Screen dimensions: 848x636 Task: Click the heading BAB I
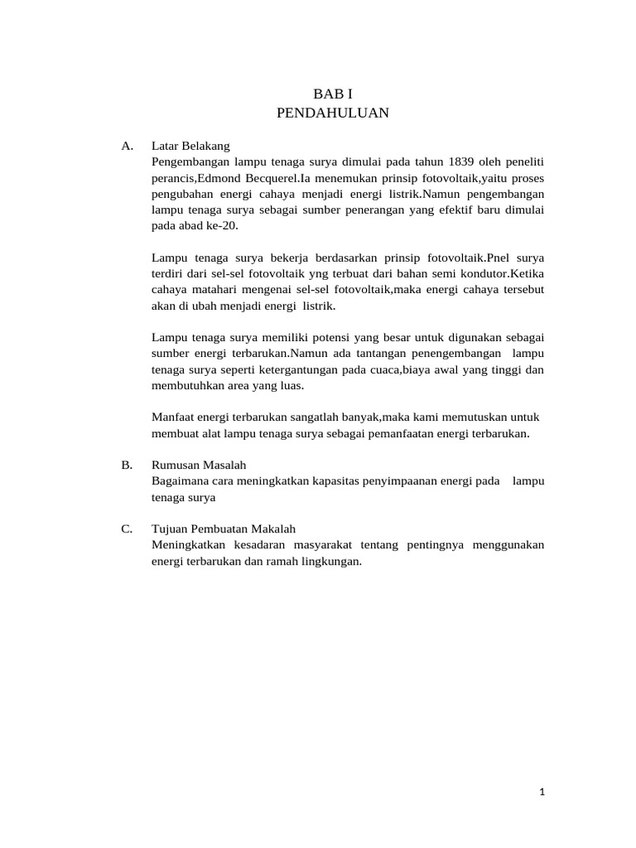[x=332, y=94]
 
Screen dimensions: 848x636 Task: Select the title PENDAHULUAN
[x=332, y=113]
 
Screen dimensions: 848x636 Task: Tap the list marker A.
[x=127, y=146]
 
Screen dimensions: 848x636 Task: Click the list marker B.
[x=127, y=465]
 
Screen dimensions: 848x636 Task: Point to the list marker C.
[x=127, y=528]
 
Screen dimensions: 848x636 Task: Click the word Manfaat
[x=173, y=417]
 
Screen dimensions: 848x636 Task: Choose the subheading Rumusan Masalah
[x=200, y=465]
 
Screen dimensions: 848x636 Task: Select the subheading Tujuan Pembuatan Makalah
[x=224, y=528]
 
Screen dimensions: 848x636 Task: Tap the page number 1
[x=542, y=792]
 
